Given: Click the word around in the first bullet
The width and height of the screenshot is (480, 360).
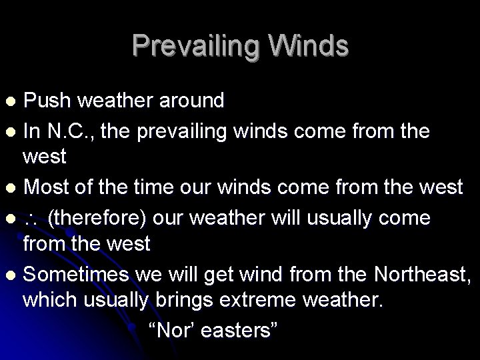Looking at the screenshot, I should coord(192,101).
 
